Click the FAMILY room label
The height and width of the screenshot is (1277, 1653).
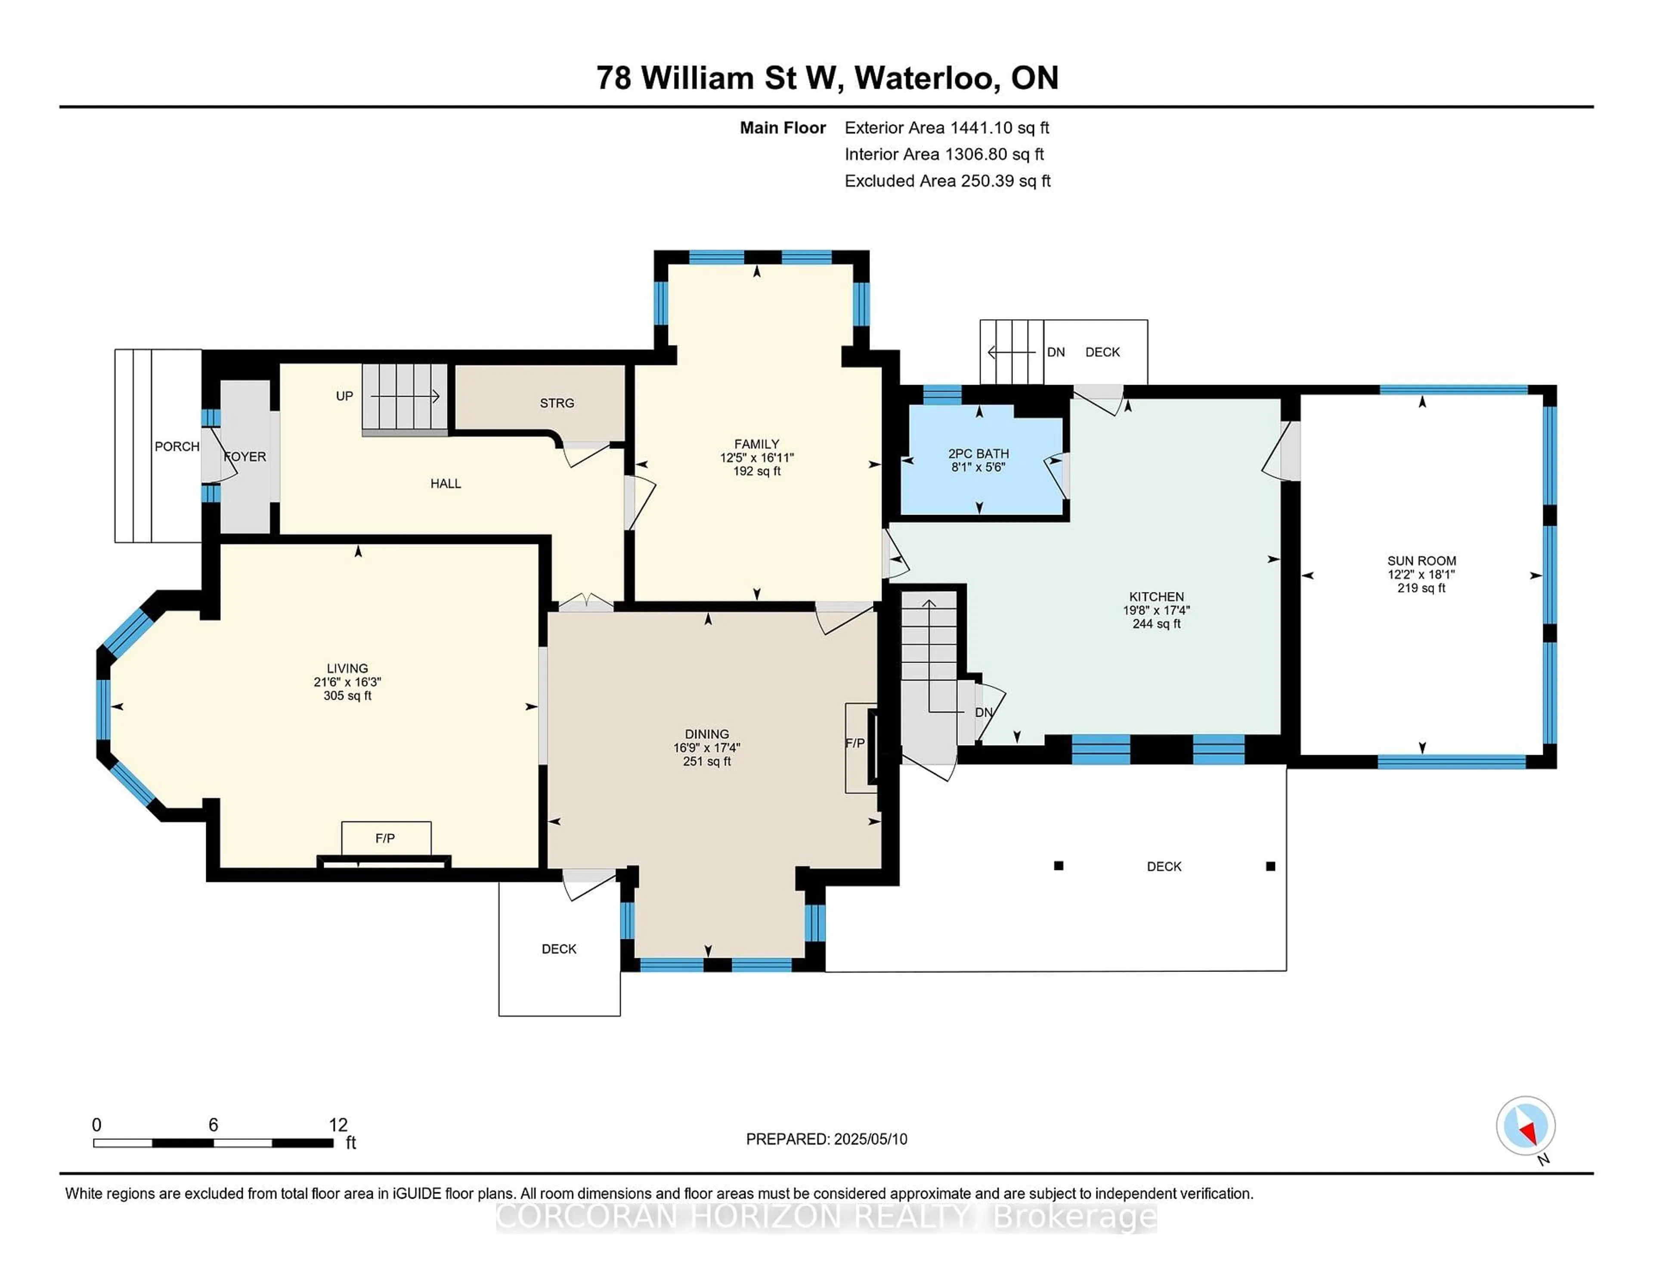coord(756,444)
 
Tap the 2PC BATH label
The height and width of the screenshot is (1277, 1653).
coord(978,454)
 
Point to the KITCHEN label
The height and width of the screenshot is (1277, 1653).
coord(1156,596)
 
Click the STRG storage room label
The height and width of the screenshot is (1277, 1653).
coord(557,403)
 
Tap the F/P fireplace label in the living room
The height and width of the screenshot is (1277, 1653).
coord(385,838)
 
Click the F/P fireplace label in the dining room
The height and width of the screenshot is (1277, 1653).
coord(854,743)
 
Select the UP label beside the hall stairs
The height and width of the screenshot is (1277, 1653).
coord(344,396)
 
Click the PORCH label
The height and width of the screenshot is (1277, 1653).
coord(177,446)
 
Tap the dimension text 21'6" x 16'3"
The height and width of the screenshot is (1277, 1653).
coord(347,682)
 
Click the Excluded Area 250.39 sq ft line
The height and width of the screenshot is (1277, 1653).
coord(947,181)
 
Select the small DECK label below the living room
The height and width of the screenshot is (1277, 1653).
coord(559,949)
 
